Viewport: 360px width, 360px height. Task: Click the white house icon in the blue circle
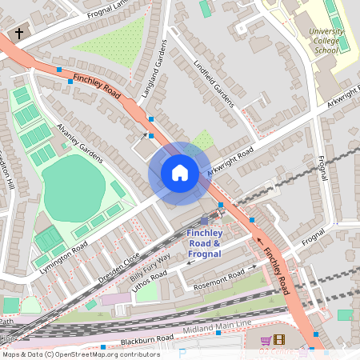coord(180,172)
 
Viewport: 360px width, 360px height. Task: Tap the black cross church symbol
coord(18,34)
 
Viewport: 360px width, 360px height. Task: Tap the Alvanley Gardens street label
coord(79,142)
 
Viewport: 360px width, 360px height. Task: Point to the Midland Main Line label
coord(215,328)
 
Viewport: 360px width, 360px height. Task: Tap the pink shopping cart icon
coord(265,341)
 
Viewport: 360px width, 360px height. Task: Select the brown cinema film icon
coord(278,341)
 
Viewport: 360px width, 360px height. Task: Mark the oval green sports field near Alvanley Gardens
coord(73,188)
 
